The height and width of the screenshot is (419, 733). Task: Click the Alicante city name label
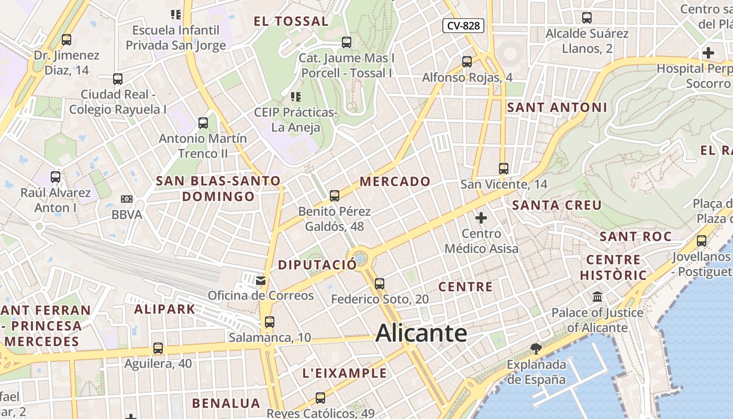[421, 333]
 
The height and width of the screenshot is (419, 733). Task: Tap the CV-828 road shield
[463, 25]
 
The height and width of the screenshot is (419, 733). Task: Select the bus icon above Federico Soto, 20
[380, 284]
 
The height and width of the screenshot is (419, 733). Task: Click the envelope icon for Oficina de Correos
[261, 281]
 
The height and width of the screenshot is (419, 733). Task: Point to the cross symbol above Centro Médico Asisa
[481, 217]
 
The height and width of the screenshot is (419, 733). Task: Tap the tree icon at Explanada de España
[536, 348]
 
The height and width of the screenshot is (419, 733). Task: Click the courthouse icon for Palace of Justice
[597, 297]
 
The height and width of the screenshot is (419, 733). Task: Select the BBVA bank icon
[127, 199]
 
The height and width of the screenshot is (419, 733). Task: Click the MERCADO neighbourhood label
[395, 182]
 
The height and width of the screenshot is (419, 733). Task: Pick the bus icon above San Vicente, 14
[504, 169]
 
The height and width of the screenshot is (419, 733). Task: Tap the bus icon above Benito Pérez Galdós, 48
[335, 196]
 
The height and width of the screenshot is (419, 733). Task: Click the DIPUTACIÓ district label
[317, 264]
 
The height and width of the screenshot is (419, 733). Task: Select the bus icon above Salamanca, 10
[269, 322]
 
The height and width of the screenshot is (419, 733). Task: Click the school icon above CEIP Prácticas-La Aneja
[295, 97]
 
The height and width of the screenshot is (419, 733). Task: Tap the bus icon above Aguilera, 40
[158, 348]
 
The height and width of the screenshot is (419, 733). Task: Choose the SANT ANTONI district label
[557, 107]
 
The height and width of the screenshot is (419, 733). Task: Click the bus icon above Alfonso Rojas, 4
[467, 62]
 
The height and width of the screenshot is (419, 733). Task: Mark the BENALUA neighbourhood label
[226, 403]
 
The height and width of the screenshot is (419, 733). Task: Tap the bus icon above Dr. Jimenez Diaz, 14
[66, 39]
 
